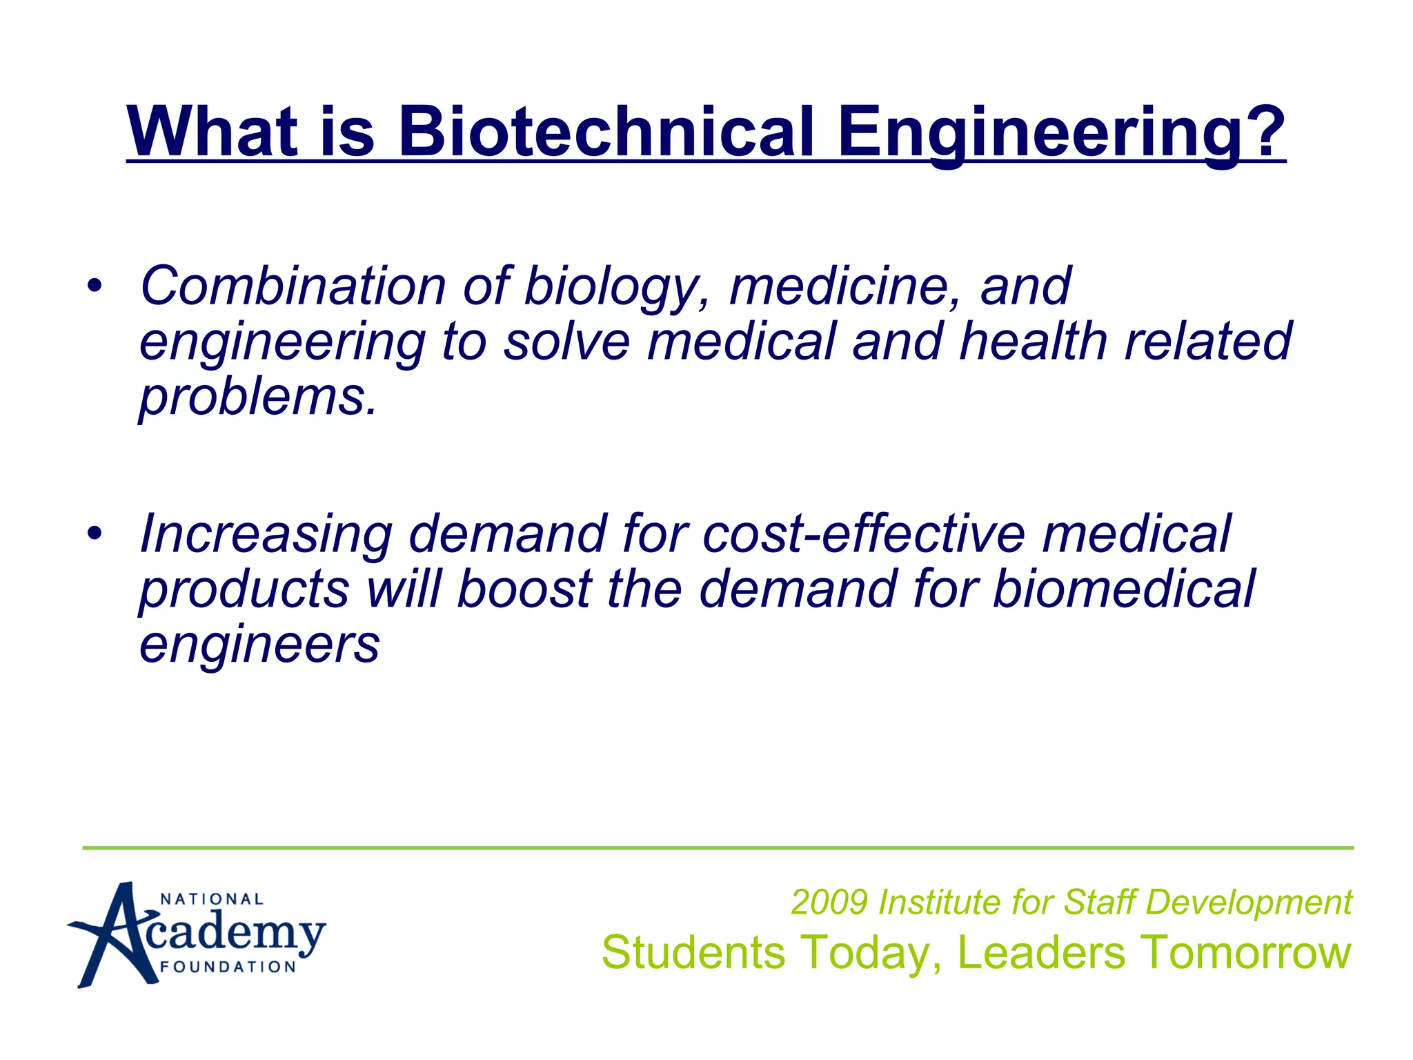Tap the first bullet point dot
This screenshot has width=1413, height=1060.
point(95,284)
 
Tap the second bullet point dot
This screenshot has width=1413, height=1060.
point(95,533)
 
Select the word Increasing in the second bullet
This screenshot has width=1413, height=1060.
point(266,536)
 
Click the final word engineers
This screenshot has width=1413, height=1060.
point(259,645)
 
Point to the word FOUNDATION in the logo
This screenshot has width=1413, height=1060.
point(228,967)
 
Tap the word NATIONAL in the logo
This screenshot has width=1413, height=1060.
point(212,899)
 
